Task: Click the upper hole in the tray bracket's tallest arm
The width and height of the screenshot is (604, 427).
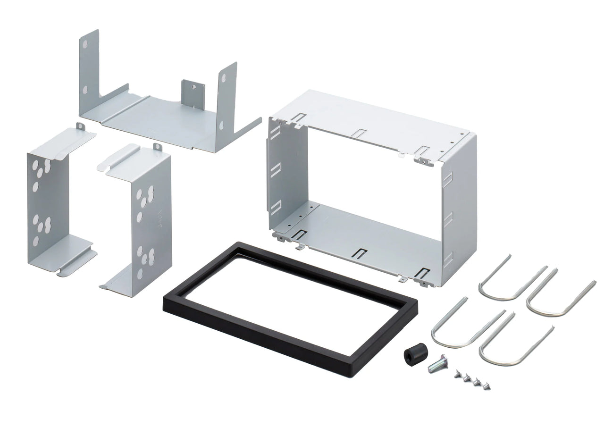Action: (x=84, y=45)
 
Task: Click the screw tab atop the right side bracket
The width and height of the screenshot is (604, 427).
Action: (x=157, y=148)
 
